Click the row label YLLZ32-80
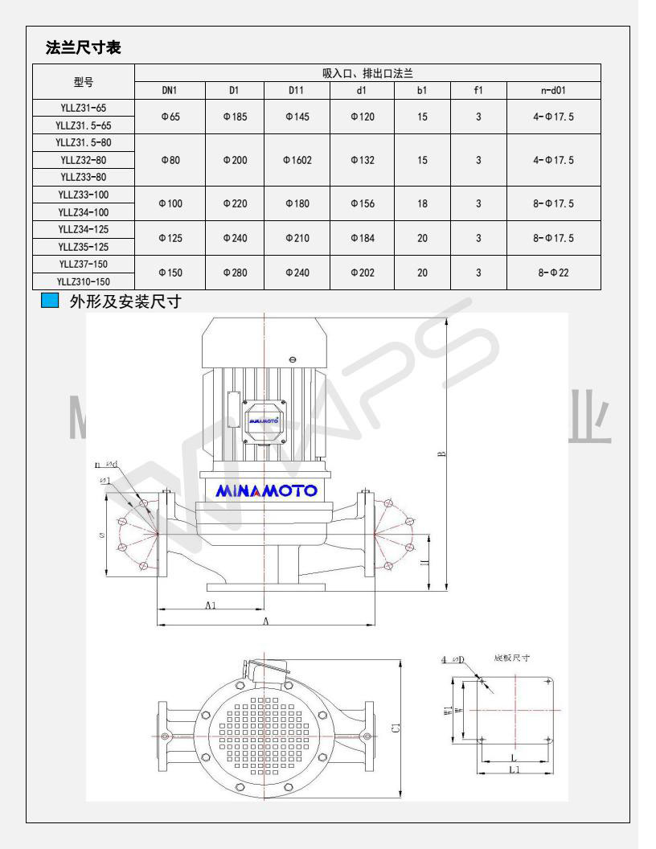tap(84, 160)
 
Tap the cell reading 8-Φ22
tap(553, 273)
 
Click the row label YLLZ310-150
tap(84, 281)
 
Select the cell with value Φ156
tap(362, 203)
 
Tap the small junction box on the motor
tap(263, 420)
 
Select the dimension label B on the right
tap(441, 454)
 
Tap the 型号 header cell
tap(84, 81)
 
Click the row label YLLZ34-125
tap(84, 229)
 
